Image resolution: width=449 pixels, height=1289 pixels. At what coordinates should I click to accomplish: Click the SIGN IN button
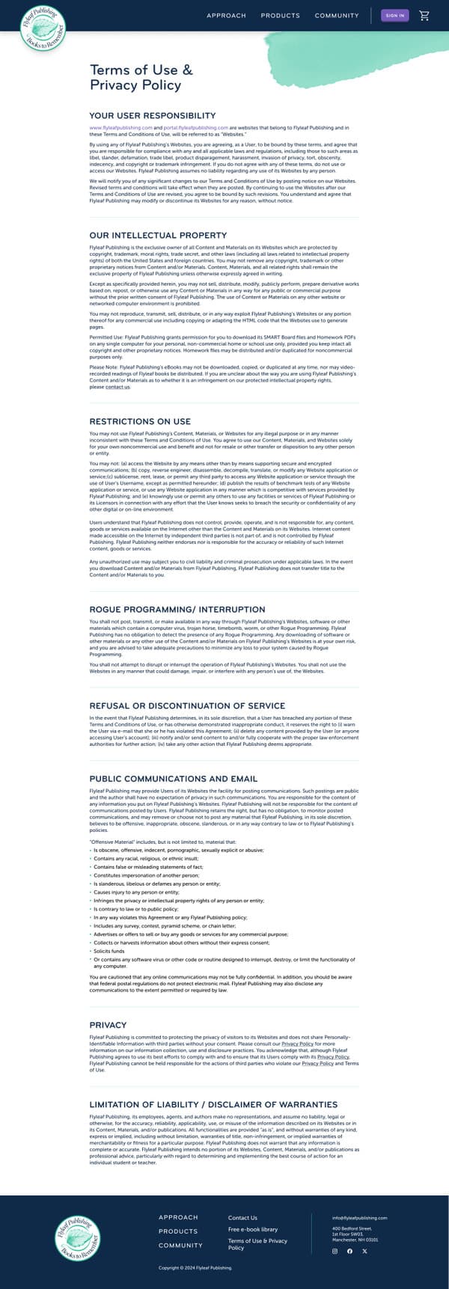pos(395,15)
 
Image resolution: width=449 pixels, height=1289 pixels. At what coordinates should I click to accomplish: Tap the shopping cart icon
pos(424,15)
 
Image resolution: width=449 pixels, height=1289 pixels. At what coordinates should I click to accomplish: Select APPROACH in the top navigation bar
pos(226,16)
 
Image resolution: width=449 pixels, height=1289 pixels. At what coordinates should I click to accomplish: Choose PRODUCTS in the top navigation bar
pos(280,16)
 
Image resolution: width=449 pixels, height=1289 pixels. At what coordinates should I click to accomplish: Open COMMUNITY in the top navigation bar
pos(337,16)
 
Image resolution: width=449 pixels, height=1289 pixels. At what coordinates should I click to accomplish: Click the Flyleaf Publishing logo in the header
pos(43,29)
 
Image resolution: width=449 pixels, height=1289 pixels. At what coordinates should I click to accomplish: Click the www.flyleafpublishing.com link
pos(110,128)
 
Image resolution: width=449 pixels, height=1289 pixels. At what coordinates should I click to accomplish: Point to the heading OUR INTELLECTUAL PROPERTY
pos(158,236)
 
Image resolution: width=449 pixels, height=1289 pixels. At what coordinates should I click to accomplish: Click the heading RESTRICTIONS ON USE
pos(140,421)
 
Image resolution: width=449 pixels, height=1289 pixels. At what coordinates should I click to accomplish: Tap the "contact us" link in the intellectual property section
pos(117,388)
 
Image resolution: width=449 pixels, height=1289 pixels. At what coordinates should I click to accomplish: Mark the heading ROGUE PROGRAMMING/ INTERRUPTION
pos(177,610)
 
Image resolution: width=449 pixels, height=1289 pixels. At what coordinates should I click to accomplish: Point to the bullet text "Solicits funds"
pos(109,952)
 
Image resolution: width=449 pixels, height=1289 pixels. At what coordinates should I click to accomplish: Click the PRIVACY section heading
pos(108,1025)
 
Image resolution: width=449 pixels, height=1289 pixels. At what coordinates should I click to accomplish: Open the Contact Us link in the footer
pos(242,1217)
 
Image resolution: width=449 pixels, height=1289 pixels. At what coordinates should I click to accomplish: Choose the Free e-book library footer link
pos(253,1229)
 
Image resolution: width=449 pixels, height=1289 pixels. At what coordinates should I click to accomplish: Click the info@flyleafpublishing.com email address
pos(359,1218)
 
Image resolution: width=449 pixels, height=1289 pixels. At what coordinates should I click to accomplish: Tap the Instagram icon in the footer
pos(335,1251)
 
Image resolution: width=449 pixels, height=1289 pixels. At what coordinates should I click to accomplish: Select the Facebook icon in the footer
pos(349,1251)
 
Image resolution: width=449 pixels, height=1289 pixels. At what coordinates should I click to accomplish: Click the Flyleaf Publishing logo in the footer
pos(77,1237)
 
